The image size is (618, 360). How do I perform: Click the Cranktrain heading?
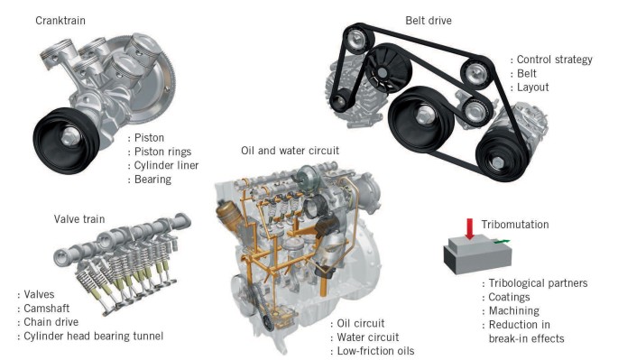click(x=60, y=21)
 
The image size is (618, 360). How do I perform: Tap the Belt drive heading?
click(x=429, y=21)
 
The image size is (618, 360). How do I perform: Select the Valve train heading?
click(x=79, y=219)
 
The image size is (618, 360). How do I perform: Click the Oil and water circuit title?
click(x=291, y=151)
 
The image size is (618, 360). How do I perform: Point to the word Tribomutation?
click(x=515, y=225)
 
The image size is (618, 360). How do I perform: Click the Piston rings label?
click(x=162, y=152)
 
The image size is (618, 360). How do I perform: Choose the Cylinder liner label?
click(x=166, y=166)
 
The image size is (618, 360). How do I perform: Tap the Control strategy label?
click(x=554, y=60)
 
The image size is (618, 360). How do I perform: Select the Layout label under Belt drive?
click(x=532, y=88)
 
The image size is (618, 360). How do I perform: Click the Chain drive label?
click(x=51, y=322)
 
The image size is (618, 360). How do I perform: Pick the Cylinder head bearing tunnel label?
click(x=94, y=336)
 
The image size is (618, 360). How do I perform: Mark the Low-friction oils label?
click(x=375, y=351)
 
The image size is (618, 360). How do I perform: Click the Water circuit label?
click(x=368, y=337)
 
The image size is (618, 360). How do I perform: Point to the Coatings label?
click(x=509, y=297)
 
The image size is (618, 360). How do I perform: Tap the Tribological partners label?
click(x=538, y=283)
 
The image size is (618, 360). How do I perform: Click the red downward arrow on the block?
click(x=469, y=228)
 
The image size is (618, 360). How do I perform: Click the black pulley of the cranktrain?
click(x=66, y=140)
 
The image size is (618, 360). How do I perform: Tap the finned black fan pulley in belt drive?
click(x=387, y=69)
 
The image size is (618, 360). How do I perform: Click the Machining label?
click(x=514, y=310)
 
